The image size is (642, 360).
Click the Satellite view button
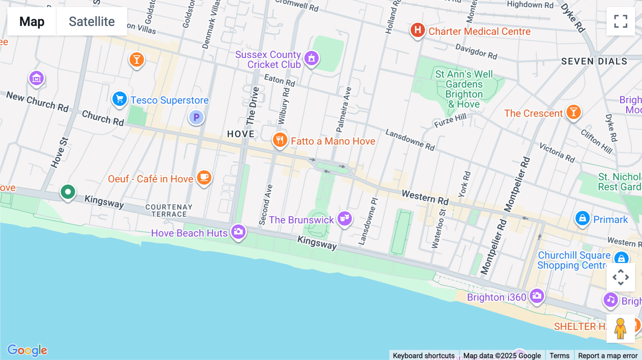coord(92,21)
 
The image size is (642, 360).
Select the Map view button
coord(32,21)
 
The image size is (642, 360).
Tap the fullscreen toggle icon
coord(621,21)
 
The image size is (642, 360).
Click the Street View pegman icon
coord(620,328)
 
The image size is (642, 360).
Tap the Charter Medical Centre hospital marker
coord(418,30)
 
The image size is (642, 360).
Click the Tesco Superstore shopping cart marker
coord(119,99)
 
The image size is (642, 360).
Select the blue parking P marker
coord(196,117)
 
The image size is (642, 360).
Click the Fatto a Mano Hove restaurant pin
coord(280,140)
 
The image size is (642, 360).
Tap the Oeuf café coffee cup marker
coord(204,177)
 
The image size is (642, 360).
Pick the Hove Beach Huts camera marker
coord(239,232)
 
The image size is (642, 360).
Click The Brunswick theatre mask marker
coord(345,218)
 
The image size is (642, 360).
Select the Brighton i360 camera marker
coord(537,295)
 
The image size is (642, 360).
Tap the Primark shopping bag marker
coord(582,218)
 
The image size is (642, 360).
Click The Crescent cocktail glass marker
coord(574,112)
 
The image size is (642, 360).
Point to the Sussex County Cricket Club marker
coord(311,58)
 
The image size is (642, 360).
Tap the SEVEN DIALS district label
coord(594,61)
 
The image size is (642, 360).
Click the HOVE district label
coord(241,134)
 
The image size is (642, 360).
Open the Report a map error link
coord(607,355)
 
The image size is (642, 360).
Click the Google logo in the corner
coord(27,350)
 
